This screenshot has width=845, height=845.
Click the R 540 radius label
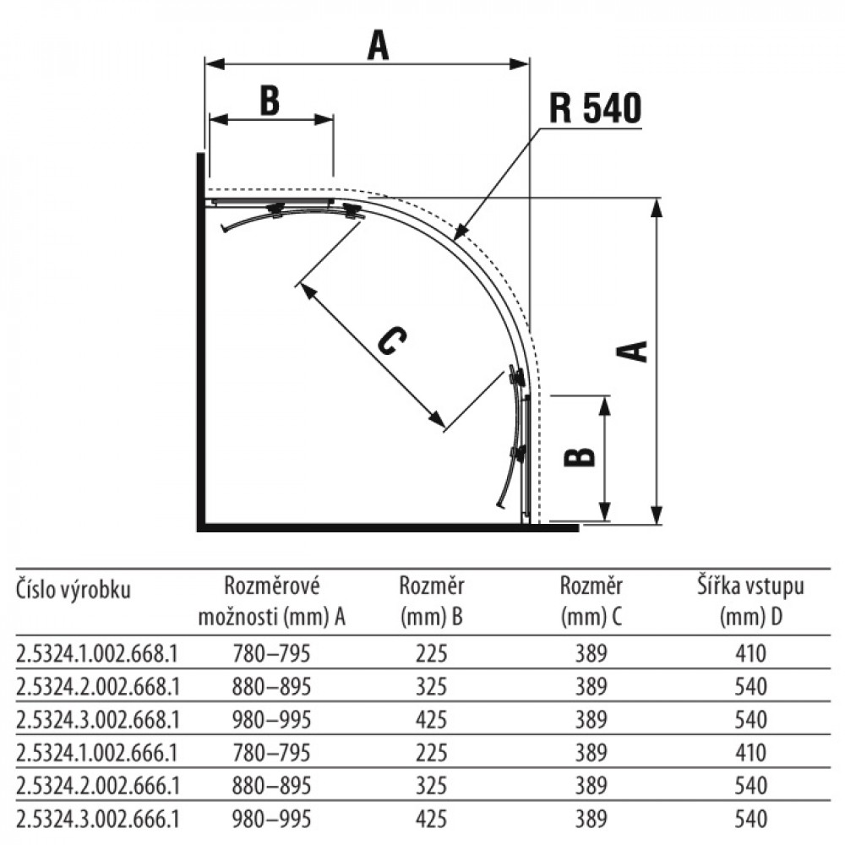point(595,108)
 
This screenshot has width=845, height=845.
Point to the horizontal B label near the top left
point(270,101)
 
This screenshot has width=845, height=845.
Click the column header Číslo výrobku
point(74,590)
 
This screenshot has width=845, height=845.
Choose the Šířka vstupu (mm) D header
point(750,602)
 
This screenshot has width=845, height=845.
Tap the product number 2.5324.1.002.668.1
point(97,654)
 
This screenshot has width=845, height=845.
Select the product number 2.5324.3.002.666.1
point(97,819)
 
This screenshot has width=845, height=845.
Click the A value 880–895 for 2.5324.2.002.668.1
point(271,686)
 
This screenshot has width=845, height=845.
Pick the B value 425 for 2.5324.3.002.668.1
point(431,720)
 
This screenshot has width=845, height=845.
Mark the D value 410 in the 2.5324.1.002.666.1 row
point(750,753)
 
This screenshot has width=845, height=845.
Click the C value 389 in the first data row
point(591,654)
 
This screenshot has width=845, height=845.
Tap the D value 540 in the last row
point(750,819)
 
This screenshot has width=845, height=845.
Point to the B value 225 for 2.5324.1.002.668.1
point(431,654)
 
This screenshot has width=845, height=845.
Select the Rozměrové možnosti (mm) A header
point(271,602)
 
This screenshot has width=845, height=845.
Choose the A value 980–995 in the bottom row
point(271,819)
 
